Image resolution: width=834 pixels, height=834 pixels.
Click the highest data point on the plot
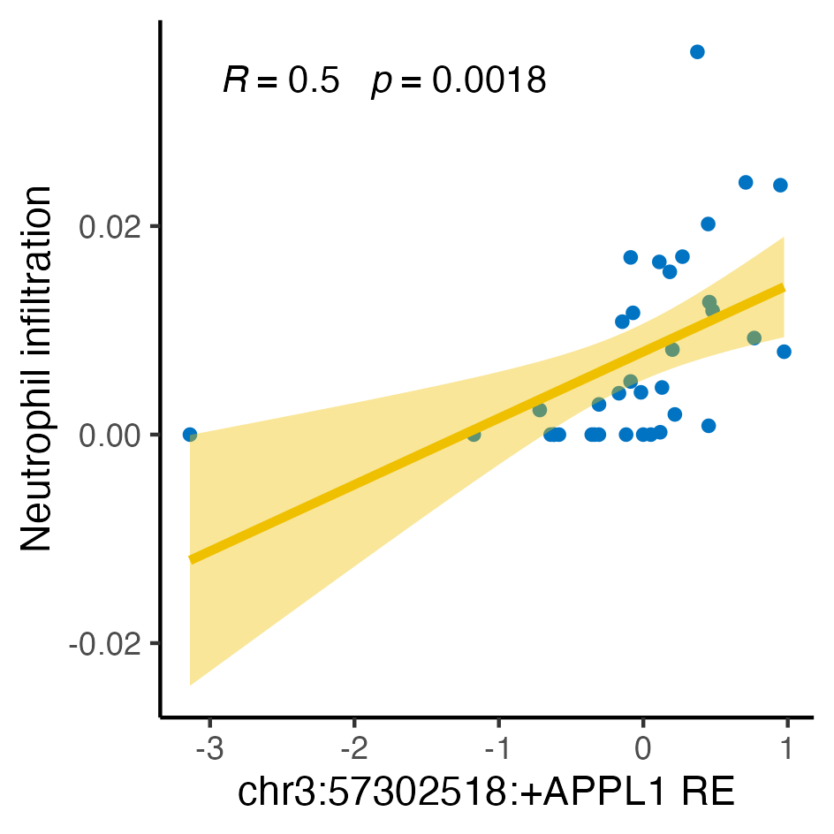click(697, 51)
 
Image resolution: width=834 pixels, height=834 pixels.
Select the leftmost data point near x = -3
click(189, 435)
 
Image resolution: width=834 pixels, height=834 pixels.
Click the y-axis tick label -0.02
click(105, 644)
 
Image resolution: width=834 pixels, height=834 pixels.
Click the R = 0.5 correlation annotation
click(281, 81)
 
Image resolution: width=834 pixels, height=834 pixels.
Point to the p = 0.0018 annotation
click(459, 81)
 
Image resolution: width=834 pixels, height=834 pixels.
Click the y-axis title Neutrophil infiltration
click(37, 368)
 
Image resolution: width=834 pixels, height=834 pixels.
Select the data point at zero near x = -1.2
click(474, 435)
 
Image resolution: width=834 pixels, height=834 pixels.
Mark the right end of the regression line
click(784, 287)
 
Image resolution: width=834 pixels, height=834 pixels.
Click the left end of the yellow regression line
click(190, 559)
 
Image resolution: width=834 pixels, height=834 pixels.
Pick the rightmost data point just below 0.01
click(784, 352)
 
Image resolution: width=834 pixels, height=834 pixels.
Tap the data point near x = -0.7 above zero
click(540, 410)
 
